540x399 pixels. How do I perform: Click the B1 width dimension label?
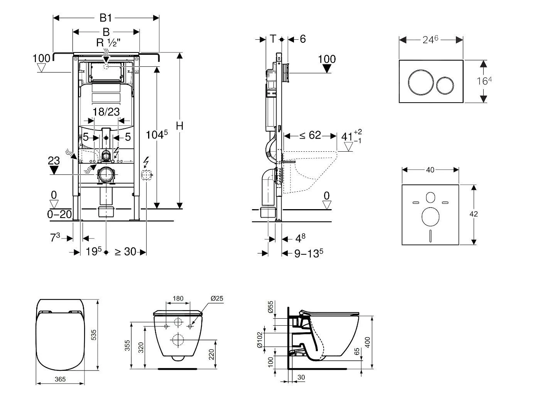pyautogui.click(x=106, y=18)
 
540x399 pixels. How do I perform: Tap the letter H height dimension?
pyautogui.click(x=179, y=126)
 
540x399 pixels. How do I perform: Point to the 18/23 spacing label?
pyautogui.click(x=106, y=112)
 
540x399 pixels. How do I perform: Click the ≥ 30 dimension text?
pyautogui.click(x=126, y=252)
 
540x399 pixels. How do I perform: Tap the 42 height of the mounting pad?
pyautogui.click(x=474, y=214)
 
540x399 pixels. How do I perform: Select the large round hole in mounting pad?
pyautogui.click(x=430, y=216)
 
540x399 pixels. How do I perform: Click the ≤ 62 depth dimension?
pyautogui.click(x=310, y=135)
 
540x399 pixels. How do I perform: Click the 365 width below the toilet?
pyautogui.click(x=60, y=379)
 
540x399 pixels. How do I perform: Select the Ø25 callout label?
pyautogui.click(x=217, y=298)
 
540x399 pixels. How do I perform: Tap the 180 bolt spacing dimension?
pyautogui.click(x=178, y=298)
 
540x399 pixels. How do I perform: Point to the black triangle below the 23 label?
pyautogui.click(x=54, y=170)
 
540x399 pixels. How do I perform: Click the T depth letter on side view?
pyautogui.click(x=273, y=39)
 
